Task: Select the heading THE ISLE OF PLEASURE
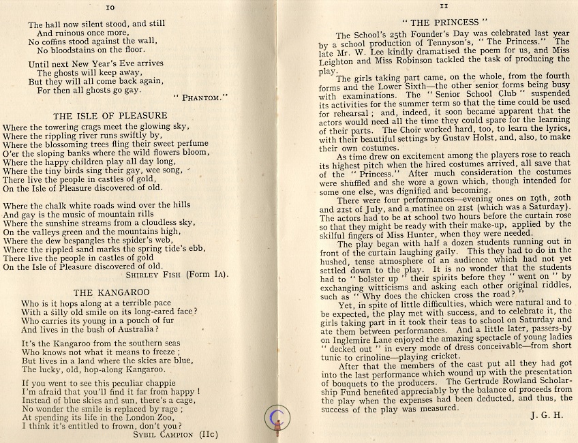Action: [110, 116]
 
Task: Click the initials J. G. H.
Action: [545, 414]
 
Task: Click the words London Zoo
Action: [162, 415]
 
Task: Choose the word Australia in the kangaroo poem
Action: [134, 329]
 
